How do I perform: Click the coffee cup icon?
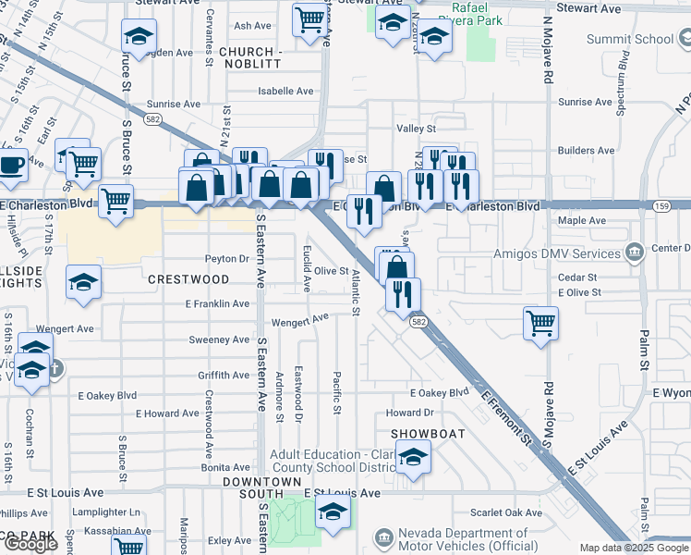(11, 166)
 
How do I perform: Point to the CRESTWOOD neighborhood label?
(188, 278)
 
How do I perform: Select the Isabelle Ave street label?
(285, 91)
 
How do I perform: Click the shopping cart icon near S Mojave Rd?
(540, 324)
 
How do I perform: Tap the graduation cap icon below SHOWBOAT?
(413, 456)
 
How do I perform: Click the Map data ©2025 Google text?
(634, 548)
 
